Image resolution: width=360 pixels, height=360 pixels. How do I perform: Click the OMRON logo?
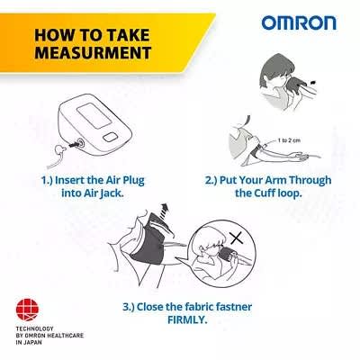pyautogui.click(x=299, y=23)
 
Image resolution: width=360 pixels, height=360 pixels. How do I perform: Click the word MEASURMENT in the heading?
pyautogui.click(x=93, y=52)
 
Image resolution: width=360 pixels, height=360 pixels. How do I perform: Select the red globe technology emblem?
pyautogui.click(x=27, y=310)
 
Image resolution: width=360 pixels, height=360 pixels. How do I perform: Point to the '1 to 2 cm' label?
pyautogui.click(x=289, y=140)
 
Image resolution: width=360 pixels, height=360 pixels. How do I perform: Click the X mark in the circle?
pyautogui.click(x=237, y=238)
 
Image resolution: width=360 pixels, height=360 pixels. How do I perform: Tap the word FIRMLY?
pyautogui.click(x=187, y=319)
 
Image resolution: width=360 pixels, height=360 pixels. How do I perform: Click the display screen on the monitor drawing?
pyautogui.click(x=94, y=116)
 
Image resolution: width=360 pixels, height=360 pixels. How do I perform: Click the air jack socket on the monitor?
pyautogui.click(x=80, y=143)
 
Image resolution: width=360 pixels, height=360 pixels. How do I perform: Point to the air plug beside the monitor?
pyautogui.click(x=61, y=149)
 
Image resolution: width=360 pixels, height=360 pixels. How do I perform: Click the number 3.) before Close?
pyautogui.click(x=129, y=307)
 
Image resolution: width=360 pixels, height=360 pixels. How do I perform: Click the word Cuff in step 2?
pyautogui.click(x=265, y=193)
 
